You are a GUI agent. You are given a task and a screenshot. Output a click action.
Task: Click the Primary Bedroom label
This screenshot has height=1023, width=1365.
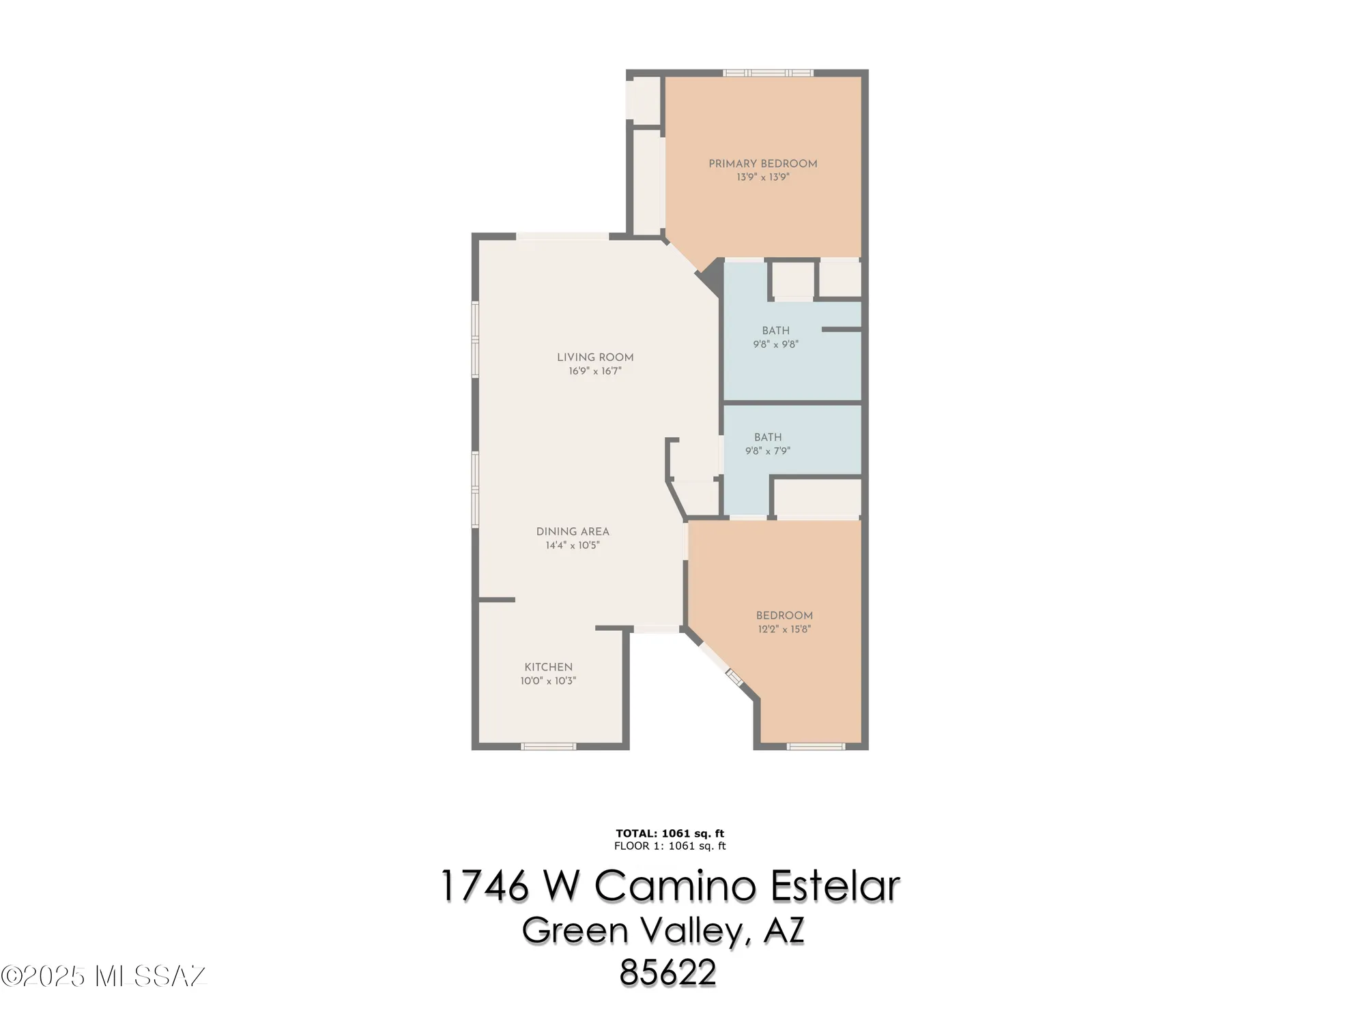[762, 164]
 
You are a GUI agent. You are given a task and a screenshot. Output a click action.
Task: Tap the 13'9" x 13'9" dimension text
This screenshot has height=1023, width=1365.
[762, 177]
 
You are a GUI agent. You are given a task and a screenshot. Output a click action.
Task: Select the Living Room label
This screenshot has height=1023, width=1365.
[595, 357]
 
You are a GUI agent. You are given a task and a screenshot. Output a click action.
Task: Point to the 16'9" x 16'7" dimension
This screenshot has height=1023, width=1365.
[595, 372]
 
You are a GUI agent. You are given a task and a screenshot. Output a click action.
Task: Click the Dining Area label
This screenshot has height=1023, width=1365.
[573, 531]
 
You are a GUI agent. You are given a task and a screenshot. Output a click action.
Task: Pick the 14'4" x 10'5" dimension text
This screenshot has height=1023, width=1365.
[573, 546]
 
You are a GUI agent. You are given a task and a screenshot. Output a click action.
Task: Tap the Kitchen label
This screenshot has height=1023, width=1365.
[548, 667]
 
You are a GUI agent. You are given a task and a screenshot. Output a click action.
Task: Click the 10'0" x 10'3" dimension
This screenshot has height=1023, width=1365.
[548, 681]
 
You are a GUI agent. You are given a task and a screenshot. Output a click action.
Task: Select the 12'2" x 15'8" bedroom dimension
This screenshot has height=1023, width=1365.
[784, 629]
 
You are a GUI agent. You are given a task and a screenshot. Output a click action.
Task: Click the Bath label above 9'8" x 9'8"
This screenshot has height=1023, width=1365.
[776, 331]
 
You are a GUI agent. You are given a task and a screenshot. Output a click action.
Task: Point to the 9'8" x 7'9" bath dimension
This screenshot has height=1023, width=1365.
[768, 451]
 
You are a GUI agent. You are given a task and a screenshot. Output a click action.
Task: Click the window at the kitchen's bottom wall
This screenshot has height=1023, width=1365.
[548, 747]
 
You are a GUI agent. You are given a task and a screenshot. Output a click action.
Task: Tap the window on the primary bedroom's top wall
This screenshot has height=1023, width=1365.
[768, 73]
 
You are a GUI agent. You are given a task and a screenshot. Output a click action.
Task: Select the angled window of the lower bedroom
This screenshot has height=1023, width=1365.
[734, 677]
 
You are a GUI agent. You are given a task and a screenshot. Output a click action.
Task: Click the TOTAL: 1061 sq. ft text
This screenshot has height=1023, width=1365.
[670, 833]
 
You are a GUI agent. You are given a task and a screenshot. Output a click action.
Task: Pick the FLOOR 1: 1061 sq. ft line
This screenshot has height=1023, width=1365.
[670, 846]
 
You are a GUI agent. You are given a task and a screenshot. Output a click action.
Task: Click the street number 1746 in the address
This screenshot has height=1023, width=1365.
[485, 887]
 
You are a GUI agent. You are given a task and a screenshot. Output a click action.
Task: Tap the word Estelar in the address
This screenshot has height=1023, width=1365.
[835, 887]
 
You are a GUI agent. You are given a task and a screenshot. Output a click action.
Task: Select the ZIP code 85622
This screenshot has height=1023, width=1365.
[668, 973]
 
